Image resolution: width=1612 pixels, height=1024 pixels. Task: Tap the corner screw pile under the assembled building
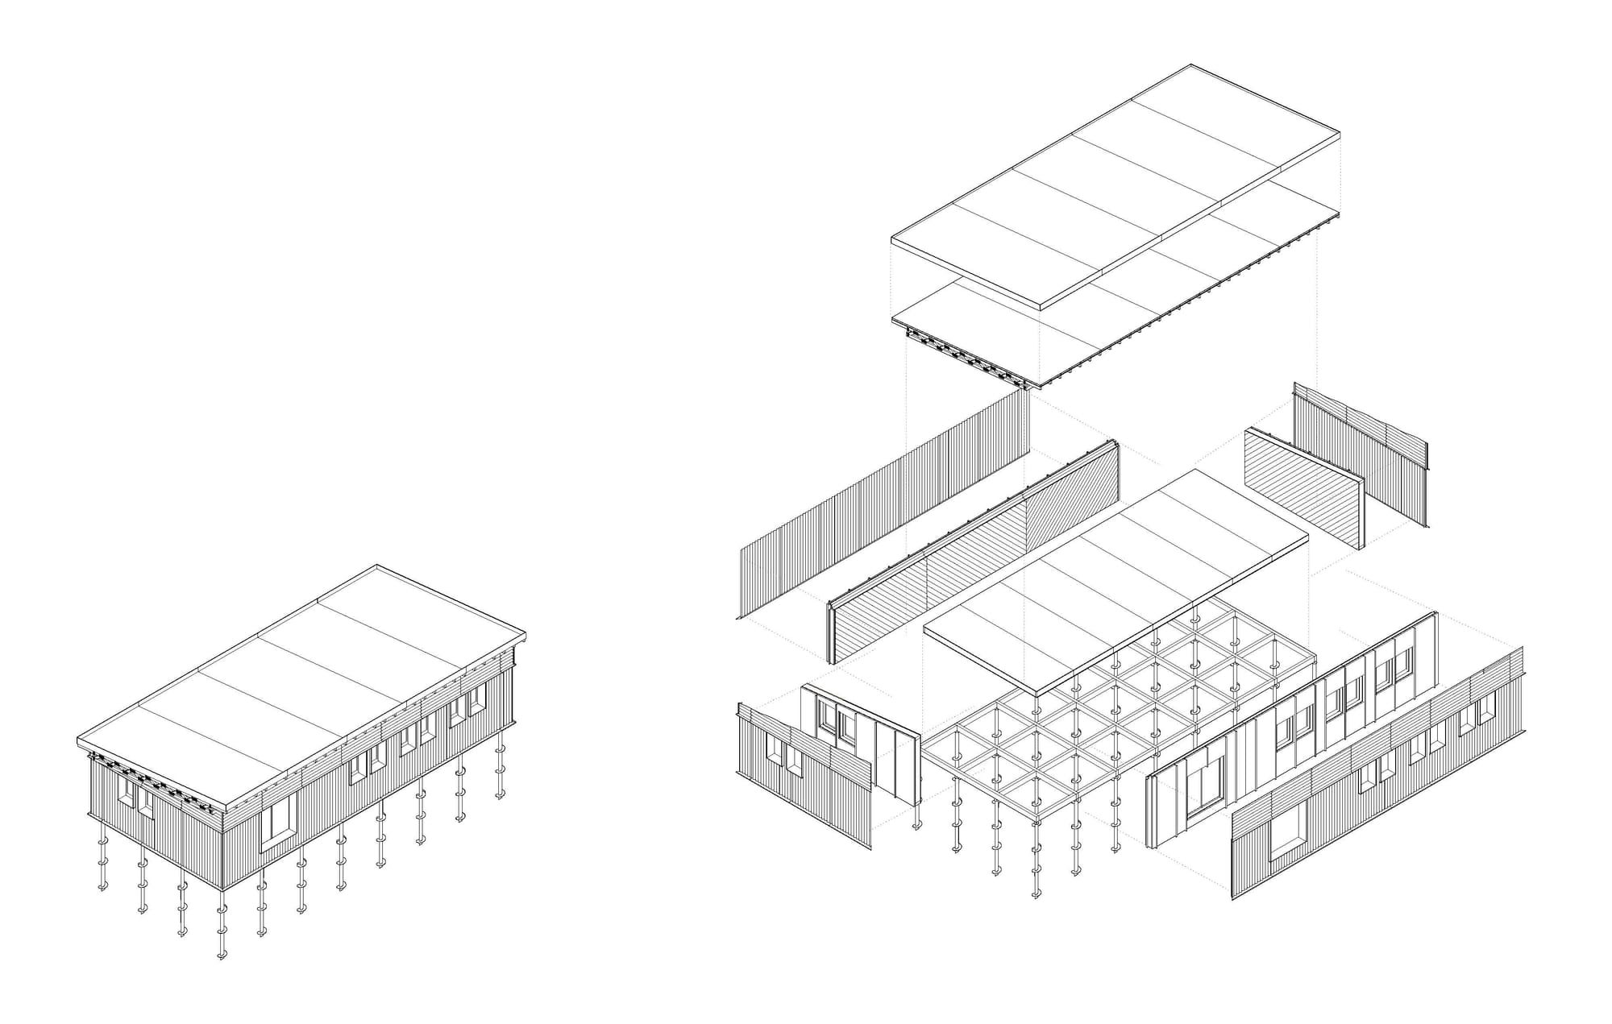[x=222, y=927]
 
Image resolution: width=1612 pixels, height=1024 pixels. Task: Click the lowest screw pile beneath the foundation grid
[x=1035, y=882]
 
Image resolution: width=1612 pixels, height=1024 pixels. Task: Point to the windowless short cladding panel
[x=1362, y=451]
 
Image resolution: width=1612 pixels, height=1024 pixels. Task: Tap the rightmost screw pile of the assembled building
[x=500, y=765]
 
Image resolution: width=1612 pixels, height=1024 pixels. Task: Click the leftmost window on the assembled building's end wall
[x=126, y=790]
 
